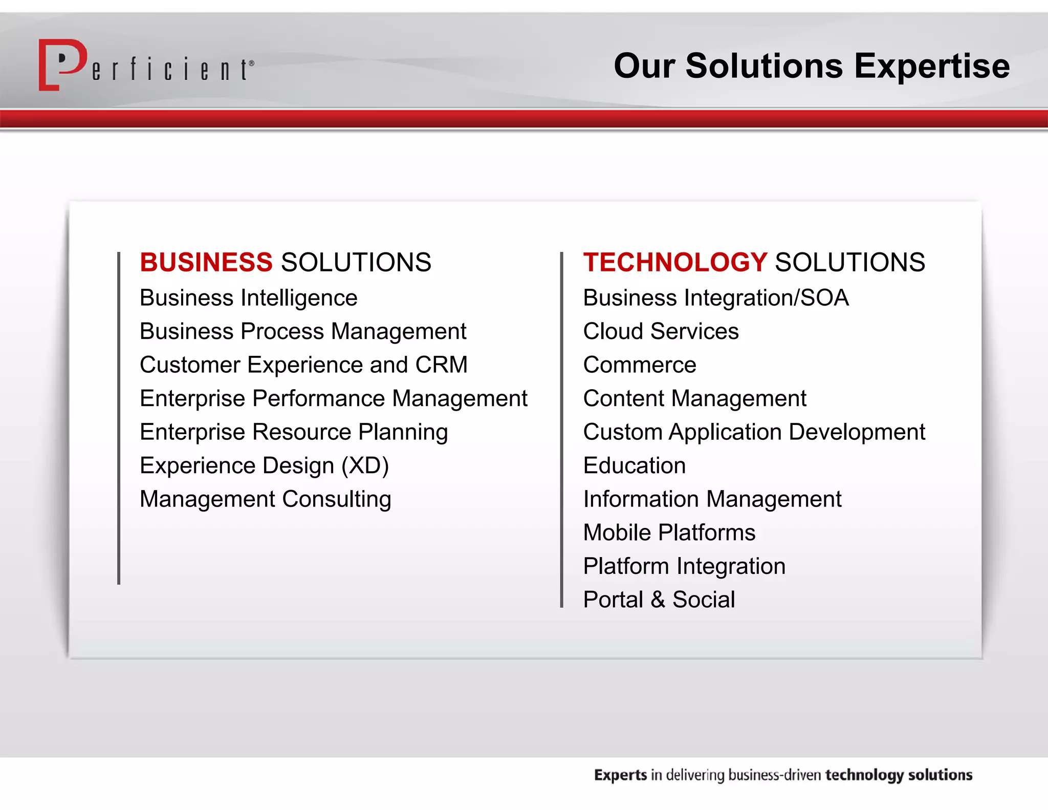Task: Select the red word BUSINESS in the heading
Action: [x=206, y=262]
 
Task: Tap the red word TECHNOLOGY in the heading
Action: [x=674, y=262]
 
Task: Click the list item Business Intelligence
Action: [x=248, y=298]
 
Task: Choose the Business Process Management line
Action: [x=303, y=331]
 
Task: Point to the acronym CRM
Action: [x=441, y=365]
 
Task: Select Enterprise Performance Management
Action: [x=333, y=398]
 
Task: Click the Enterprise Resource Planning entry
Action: [x=294, y=432]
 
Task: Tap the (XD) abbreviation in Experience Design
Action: [x=365, y=466]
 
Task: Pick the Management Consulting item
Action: [x=265, y=499]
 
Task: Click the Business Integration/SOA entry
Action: [x=715, y=298]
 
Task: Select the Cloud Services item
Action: [x=661, y=331]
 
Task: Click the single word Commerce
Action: [x=640, y=365]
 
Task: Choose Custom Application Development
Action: [x=754, y=432]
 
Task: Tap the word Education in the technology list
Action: [x=635, y=466]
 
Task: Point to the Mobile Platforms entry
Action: [x=669, y=532]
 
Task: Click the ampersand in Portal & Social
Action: [x=658, y=600]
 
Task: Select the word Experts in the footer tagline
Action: [x=620, y=775]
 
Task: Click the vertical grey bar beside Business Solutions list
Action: [x=119, y=417]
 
